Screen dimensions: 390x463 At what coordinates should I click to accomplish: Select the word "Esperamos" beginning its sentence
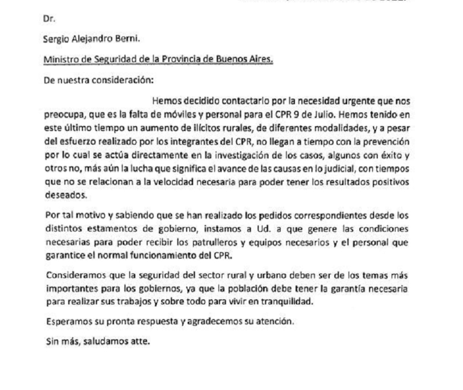(65, 322)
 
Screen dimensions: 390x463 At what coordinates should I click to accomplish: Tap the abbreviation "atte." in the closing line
(138, 343)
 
